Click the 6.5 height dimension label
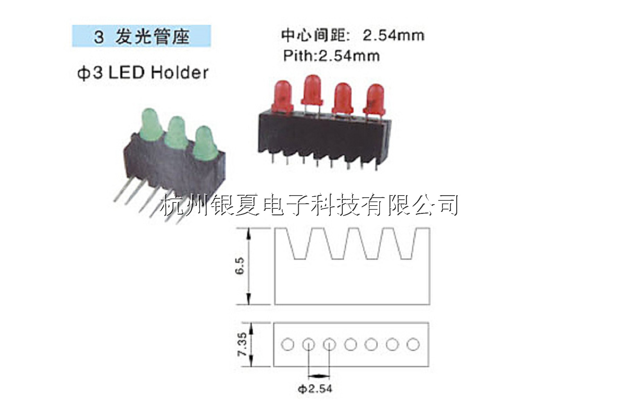point(240,266)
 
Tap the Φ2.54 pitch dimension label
point(315,389)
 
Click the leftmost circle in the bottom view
point(287,345)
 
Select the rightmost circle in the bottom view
point(413,345)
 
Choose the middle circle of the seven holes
point(350,345)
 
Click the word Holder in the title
point(180,72)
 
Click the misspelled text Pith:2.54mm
point(331,55)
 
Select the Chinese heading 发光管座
point(153,36)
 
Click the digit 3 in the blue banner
point(99,37)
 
